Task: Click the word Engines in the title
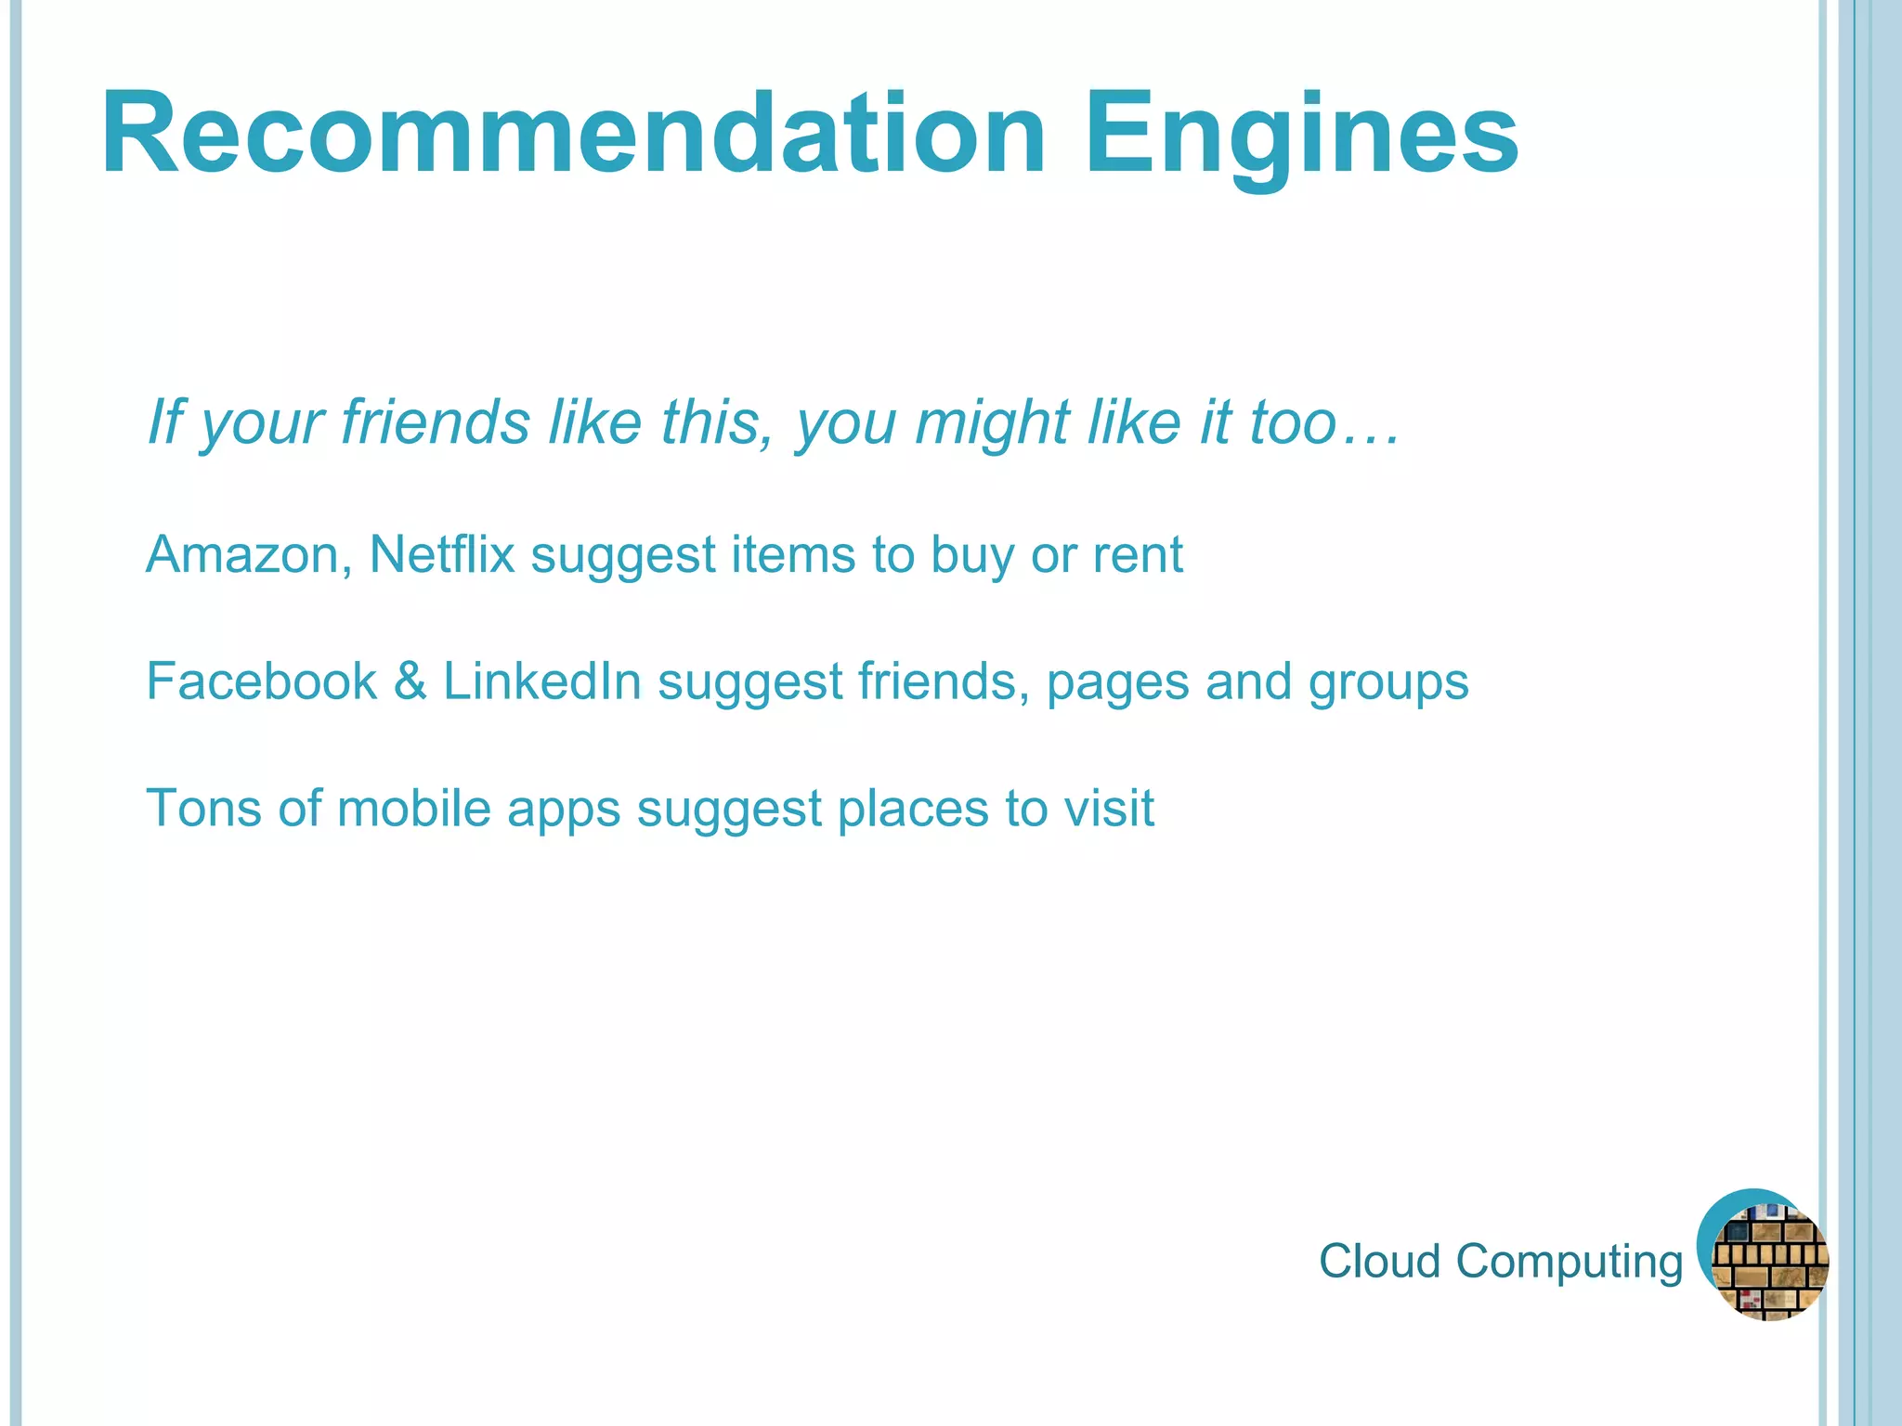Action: tap(1301, 134)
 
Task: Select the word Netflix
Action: tap(442, 555)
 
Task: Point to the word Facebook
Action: tap(262, 681)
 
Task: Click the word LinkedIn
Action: tap(542, 681)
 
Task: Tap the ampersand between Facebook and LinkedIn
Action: tap(410, 681)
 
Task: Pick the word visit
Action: tap(1109, 808)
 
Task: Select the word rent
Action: tap(1138, 555)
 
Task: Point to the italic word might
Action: tap(993, 423)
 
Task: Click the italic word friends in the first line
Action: tap(436, 422)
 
